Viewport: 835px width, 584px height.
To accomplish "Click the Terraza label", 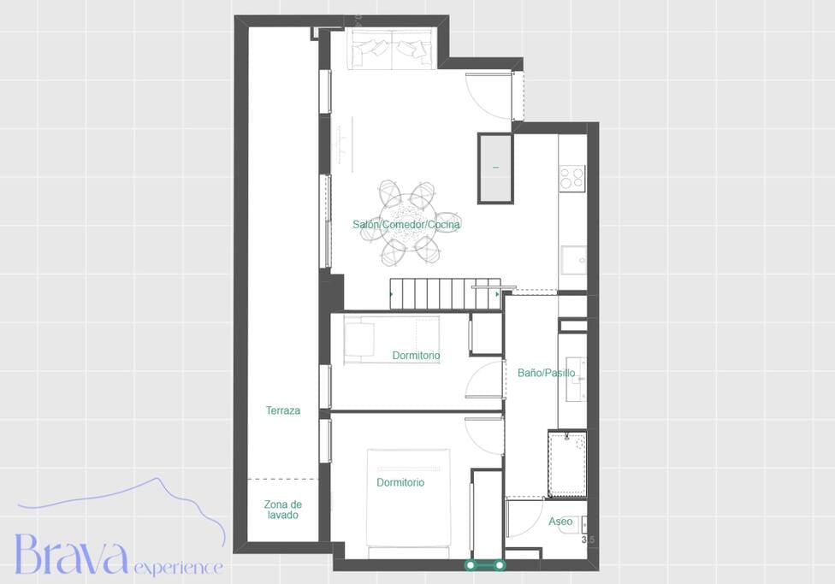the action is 283,410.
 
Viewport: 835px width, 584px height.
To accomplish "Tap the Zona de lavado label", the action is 283,510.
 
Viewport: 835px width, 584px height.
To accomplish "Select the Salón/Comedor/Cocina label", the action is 406,225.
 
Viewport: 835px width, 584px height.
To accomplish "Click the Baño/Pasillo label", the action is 547,373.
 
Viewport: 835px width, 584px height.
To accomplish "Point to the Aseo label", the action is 560,522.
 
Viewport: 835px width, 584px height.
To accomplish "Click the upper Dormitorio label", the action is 416,355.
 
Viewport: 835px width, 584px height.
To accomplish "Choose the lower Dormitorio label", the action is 400,482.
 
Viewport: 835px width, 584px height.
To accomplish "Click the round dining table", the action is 407,223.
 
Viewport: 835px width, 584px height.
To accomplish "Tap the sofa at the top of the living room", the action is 392,49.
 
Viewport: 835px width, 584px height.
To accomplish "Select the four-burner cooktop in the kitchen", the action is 572,178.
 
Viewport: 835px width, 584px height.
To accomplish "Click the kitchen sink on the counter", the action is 573,260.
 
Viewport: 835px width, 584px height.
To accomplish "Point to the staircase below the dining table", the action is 446,293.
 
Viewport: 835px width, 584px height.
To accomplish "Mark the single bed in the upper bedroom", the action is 392,339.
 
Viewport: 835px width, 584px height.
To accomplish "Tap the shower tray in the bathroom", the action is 567,465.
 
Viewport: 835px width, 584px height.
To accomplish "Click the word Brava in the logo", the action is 71,554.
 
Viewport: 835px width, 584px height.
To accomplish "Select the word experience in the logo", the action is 179,568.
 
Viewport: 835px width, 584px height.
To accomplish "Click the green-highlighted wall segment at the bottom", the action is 484,565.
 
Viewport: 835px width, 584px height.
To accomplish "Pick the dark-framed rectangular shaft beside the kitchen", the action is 495,168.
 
